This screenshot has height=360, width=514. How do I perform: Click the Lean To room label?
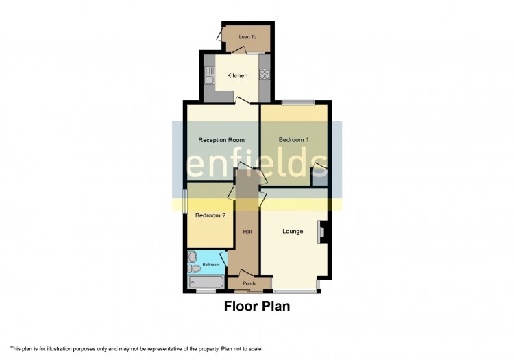point(247,37)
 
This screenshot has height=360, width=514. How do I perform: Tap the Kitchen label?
point(237,75)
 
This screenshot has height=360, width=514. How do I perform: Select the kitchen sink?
point(209,75)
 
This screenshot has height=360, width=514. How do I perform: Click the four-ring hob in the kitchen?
point(265,74)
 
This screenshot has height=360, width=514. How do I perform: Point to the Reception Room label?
point(221,140)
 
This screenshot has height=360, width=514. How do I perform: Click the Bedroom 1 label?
point(294,140)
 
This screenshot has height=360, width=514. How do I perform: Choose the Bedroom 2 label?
point(210,215)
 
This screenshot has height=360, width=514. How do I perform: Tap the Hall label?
point(247,232)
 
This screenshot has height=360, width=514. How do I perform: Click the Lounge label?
point(293,232)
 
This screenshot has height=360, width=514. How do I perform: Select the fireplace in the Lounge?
point(321,232)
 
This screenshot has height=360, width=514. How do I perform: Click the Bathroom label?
point(211,265)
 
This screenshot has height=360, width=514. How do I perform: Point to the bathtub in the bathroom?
point(206,282)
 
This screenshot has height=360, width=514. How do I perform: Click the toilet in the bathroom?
point(194,269)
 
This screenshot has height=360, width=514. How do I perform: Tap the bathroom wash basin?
point(193,256)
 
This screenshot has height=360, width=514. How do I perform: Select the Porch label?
point(249,283)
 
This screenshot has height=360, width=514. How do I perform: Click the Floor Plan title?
point(257,307)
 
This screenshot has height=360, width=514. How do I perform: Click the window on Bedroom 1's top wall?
point(298,103)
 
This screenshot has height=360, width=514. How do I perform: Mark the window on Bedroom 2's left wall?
point(185,202)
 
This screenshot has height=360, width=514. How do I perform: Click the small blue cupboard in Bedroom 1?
point(319,181)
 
